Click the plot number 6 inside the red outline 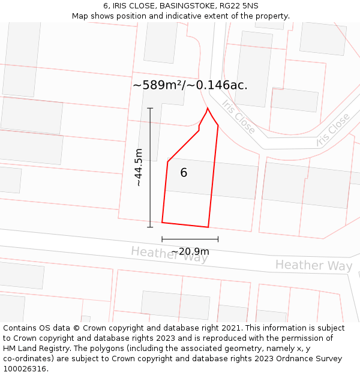pos(184,173)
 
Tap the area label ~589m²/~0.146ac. pos(190,85)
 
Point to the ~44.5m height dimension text pos(139,167)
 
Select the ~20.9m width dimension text pos(190,251)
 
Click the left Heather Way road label pos(170,254)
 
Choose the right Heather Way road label pos(314,265)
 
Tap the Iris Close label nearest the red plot pos(238,116)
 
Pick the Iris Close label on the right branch pos(333,129)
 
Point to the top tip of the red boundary pos(208,109)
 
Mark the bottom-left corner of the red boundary pos(162,223)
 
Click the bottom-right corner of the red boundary pos(208,227)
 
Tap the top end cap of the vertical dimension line pos(150,109)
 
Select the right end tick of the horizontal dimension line pos(218,239)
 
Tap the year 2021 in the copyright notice pos(232,328)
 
